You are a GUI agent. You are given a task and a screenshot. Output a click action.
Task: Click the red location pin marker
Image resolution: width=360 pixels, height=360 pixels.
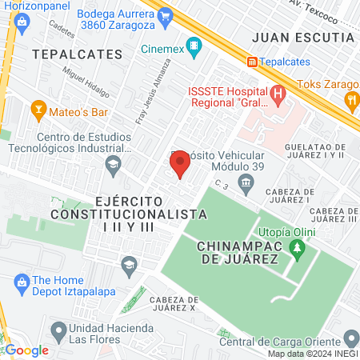click(x=180, y=163)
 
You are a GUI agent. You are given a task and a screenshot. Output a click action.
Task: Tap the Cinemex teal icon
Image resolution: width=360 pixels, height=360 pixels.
click(x=192, y=45)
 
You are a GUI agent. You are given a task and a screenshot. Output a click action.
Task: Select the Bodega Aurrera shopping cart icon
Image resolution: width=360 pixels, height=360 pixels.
click(x=165, y=14)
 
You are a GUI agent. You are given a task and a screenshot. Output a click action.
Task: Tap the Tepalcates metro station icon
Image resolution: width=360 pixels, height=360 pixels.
click(x=253, y=62)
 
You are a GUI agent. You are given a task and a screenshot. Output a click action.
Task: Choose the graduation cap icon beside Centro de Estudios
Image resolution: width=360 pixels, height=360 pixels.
click(x=113, y=166)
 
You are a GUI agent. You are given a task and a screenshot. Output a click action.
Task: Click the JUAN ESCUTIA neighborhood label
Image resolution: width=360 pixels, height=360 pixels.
click(x=302, y=37)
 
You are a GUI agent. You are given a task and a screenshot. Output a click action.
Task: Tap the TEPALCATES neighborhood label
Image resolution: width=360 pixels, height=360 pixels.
click(x=78, y=54)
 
